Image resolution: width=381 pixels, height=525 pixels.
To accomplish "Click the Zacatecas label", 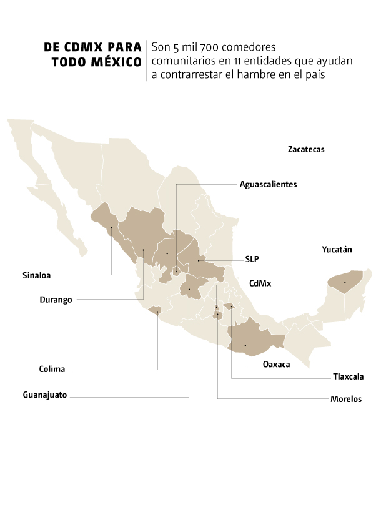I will (306, 150).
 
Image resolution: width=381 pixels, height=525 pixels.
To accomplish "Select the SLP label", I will (252, 259).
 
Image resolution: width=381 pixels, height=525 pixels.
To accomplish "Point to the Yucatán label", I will (337, 250).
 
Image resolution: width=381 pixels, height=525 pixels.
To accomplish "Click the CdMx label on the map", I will (260, 283).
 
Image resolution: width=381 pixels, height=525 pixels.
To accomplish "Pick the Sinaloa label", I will (37, 274).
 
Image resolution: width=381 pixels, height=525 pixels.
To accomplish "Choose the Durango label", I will (56, 300).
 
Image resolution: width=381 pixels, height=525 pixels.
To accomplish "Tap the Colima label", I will (51, 369).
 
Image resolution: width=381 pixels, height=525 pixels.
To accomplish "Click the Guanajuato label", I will (44, 395).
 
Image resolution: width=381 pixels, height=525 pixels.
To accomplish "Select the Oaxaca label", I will (276, 365).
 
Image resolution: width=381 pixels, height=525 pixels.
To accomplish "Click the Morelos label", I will (346, 400).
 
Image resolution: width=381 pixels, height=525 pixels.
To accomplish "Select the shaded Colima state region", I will (154, 310).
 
